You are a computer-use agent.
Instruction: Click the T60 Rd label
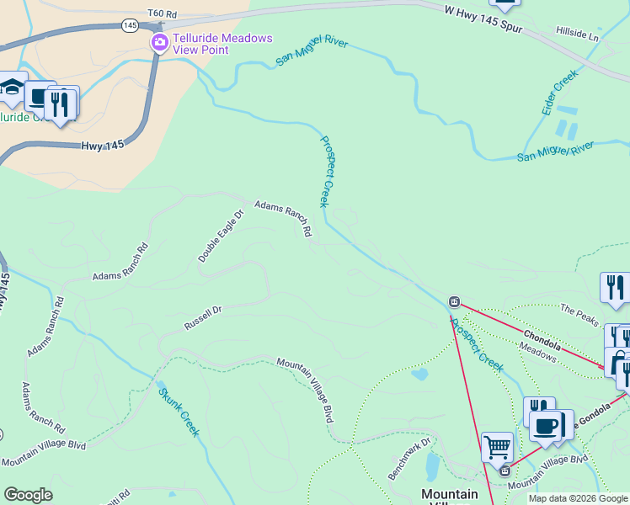pyautogui.click(x=162, y=14)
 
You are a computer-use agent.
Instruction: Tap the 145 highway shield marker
pyautogui.click(x=130, y=26)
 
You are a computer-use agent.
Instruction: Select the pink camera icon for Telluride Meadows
pyautogui.click(x=158, y=43)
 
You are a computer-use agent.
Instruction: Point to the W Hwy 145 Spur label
pyautogui.click(x=483, y=19)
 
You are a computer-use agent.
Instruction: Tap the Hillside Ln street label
pyautogui.click(x=577, y=34)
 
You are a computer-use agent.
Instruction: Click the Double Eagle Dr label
pyautogui.click(x=221, y=237)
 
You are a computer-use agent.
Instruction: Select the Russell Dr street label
pyautogui.click(x=203, y=318)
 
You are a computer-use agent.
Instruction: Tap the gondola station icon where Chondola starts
pyautogui.click(x=454, y=300)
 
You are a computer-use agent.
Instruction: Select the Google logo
pyautogui.click(x=28, y=495)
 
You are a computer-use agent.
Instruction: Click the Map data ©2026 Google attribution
pyautogui.click(x=578, y=498)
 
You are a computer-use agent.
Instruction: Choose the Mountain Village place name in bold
pyautogui.click(x=449, y=495)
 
